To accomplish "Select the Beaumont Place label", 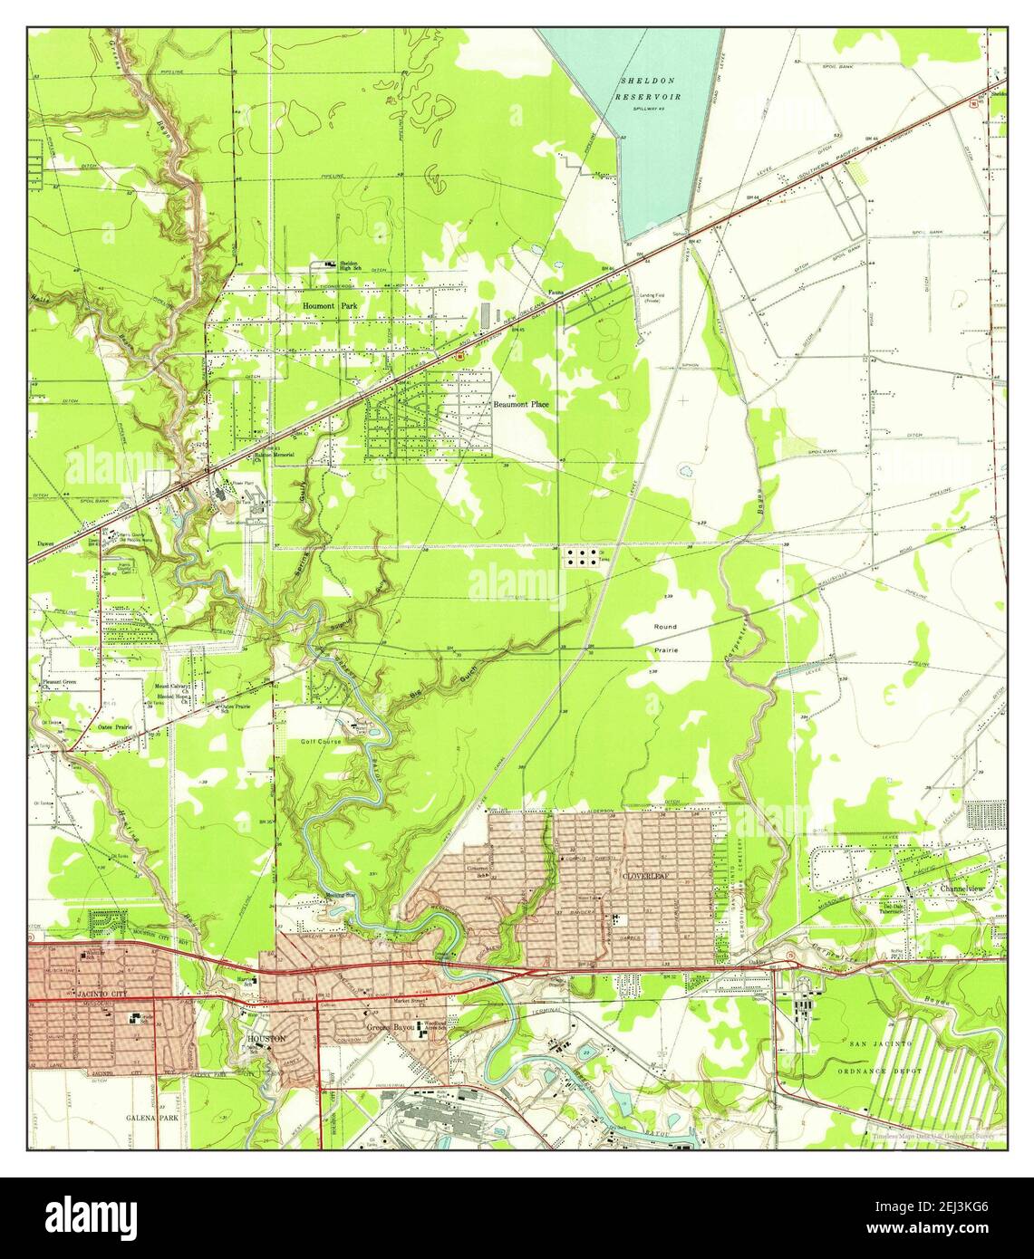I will pyautogui.click(x=520, y=404).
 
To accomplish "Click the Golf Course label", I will pyautogui.click(x=320, y=741).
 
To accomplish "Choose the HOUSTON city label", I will pyautogui.click(x=266, y=1038).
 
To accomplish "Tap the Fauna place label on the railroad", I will pyautogui.click(x=556, y=292).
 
